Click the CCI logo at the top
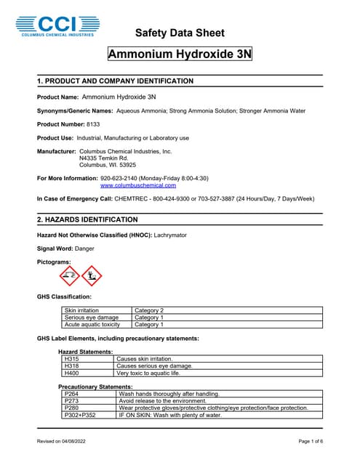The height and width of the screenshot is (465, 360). [x=57, y=25]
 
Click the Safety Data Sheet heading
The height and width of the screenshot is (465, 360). [x=180, y=33]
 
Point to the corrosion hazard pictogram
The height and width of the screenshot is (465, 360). [x=69, y=275]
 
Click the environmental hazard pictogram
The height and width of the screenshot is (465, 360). [x=91, y=275]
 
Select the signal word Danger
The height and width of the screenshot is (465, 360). [x=84, y=248]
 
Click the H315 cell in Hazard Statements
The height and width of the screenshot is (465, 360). [x=72, y=359]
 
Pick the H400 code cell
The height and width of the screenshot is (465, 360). [x=72, y=373]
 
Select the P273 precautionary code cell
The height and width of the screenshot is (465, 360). [x=72, y=400]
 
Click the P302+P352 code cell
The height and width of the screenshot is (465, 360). [x=80, y=415]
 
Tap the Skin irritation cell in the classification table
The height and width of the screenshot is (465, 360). [x=81, y=310]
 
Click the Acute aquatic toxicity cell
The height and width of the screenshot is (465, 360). [x=92, y=325]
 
